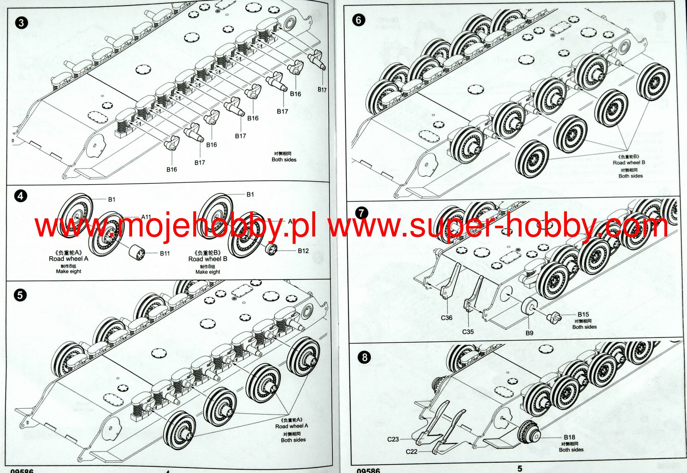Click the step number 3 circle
21,23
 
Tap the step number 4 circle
20,196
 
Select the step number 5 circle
20,295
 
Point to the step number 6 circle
358,20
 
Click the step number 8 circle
365,357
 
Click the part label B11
165,254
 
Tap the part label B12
303,251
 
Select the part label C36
446,318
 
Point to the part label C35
468,332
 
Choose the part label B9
529,333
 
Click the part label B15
583,314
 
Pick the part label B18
569,437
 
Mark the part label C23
393,439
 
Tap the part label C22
412,452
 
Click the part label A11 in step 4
146,217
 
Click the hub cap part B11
137,252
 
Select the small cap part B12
271,249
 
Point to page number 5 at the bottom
520,469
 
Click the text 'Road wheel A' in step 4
68,259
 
